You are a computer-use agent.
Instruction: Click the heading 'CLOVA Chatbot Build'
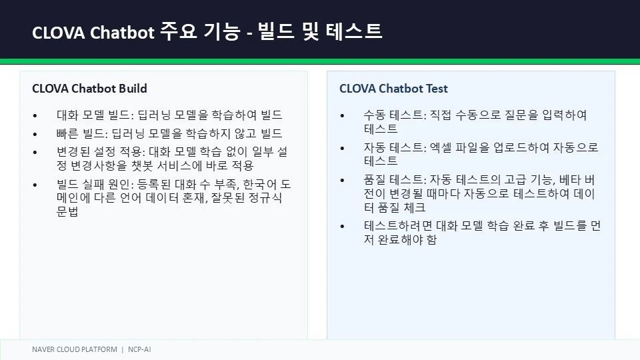[89, 89]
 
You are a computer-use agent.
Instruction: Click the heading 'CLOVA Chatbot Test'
[393, 89]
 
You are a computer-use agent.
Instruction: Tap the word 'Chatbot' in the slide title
[122, 33]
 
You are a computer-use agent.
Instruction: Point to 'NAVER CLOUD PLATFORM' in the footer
[75, 349]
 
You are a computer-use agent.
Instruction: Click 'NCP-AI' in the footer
[139, 349]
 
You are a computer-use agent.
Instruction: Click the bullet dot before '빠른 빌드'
[35, 134]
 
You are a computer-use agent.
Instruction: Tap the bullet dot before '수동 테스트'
[343, 116]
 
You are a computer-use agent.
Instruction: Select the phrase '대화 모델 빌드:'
[95, 115]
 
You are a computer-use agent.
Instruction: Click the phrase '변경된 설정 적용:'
[101, 152]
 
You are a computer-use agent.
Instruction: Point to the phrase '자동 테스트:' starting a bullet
[395, 147]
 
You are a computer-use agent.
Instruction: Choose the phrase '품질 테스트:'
[395, 179]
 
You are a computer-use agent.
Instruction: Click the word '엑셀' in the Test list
[441, 147]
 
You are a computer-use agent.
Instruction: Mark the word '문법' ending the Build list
[67, 211]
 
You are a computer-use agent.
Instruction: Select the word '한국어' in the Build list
[259, 185]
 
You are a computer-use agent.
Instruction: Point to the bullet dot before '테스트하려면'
[343, 227]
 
